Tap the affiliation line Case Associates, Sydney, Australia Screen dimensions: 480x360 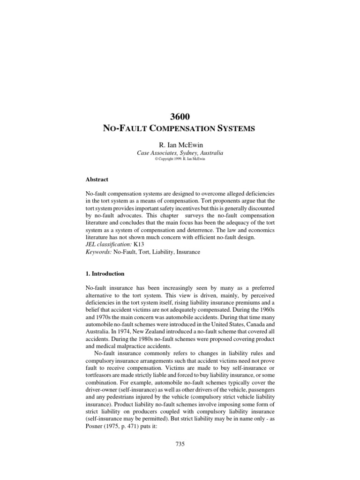[180, 153]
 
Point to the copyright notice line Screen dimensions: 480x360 [180, 159]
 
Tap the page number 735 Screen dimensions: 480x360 [180, 431]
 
